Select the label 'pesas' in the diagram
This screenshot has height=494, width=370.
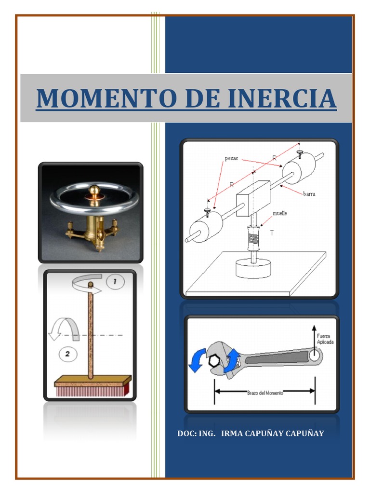tap(231, 158)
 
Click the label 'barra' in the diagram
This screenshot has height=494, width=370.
tap(309, 193)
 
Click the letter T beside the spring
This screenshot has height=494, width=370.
tap(272, 233)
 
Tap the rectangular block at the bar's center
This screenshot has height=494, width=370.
tap(253, 198)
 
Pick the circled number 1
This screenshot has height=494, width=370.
tap(115, 281)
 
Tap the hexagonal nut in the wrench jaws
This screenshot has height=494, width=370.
tap(213, 361)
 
